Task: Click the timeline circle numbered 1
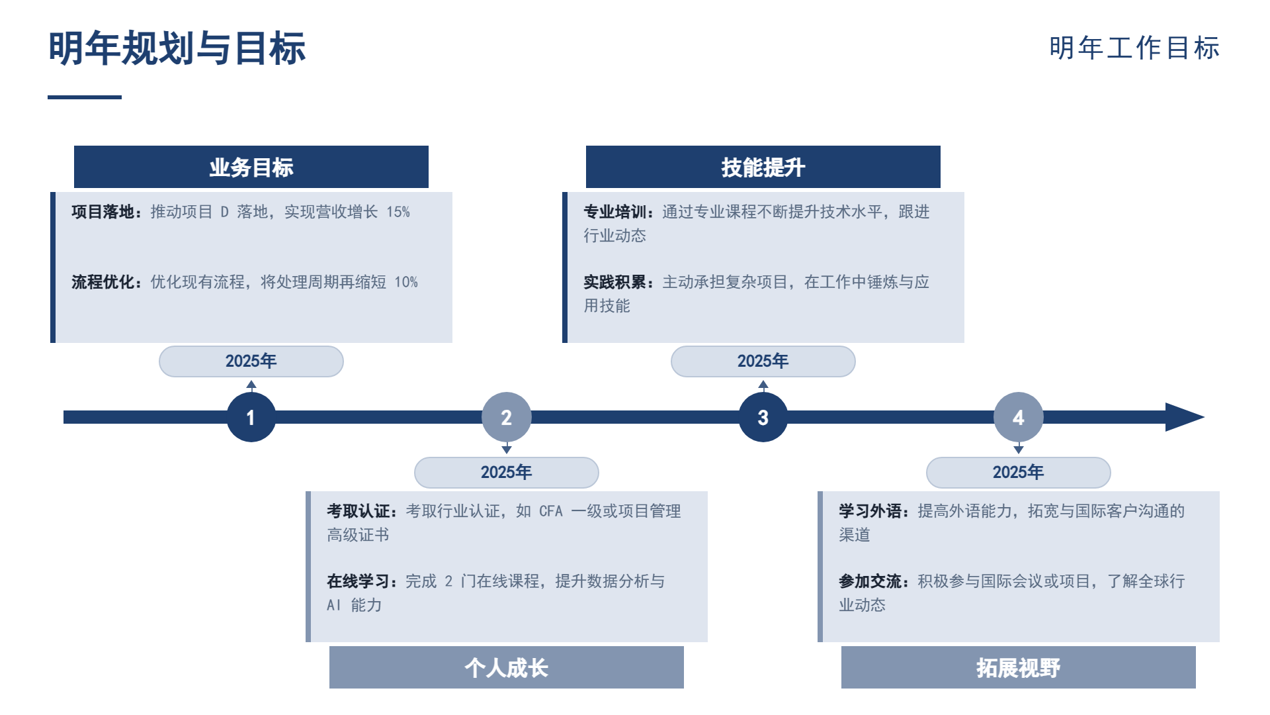click(251, 417)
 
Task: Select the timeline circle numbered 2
click(506, 417)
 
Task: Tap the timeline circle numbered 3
click(763, 417)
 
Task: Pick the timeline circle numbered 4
click(1018, 417)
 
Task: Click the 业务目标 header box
click(251, 167)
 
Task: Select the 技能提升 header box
click(763, 167)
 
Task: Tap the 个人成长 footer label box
click(507, 667)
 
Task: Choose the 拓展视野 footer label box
click(1019, 667)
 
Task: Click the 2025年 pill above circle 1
click(251, 361)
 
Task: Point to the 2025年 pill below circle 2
click(507, 473)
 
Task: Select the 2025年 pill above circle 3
click(763, 361)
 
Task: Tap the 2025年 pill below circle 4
click(1019, 473)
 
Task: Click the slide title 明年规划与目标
click(177, 48)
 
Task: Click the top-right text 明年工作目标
click(1134, 48)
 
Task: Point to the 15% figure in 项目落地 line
click(398, 212)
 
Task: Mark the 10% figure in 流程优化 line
click(406, 282)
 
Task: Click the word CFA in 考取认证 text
click(551, 511)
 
